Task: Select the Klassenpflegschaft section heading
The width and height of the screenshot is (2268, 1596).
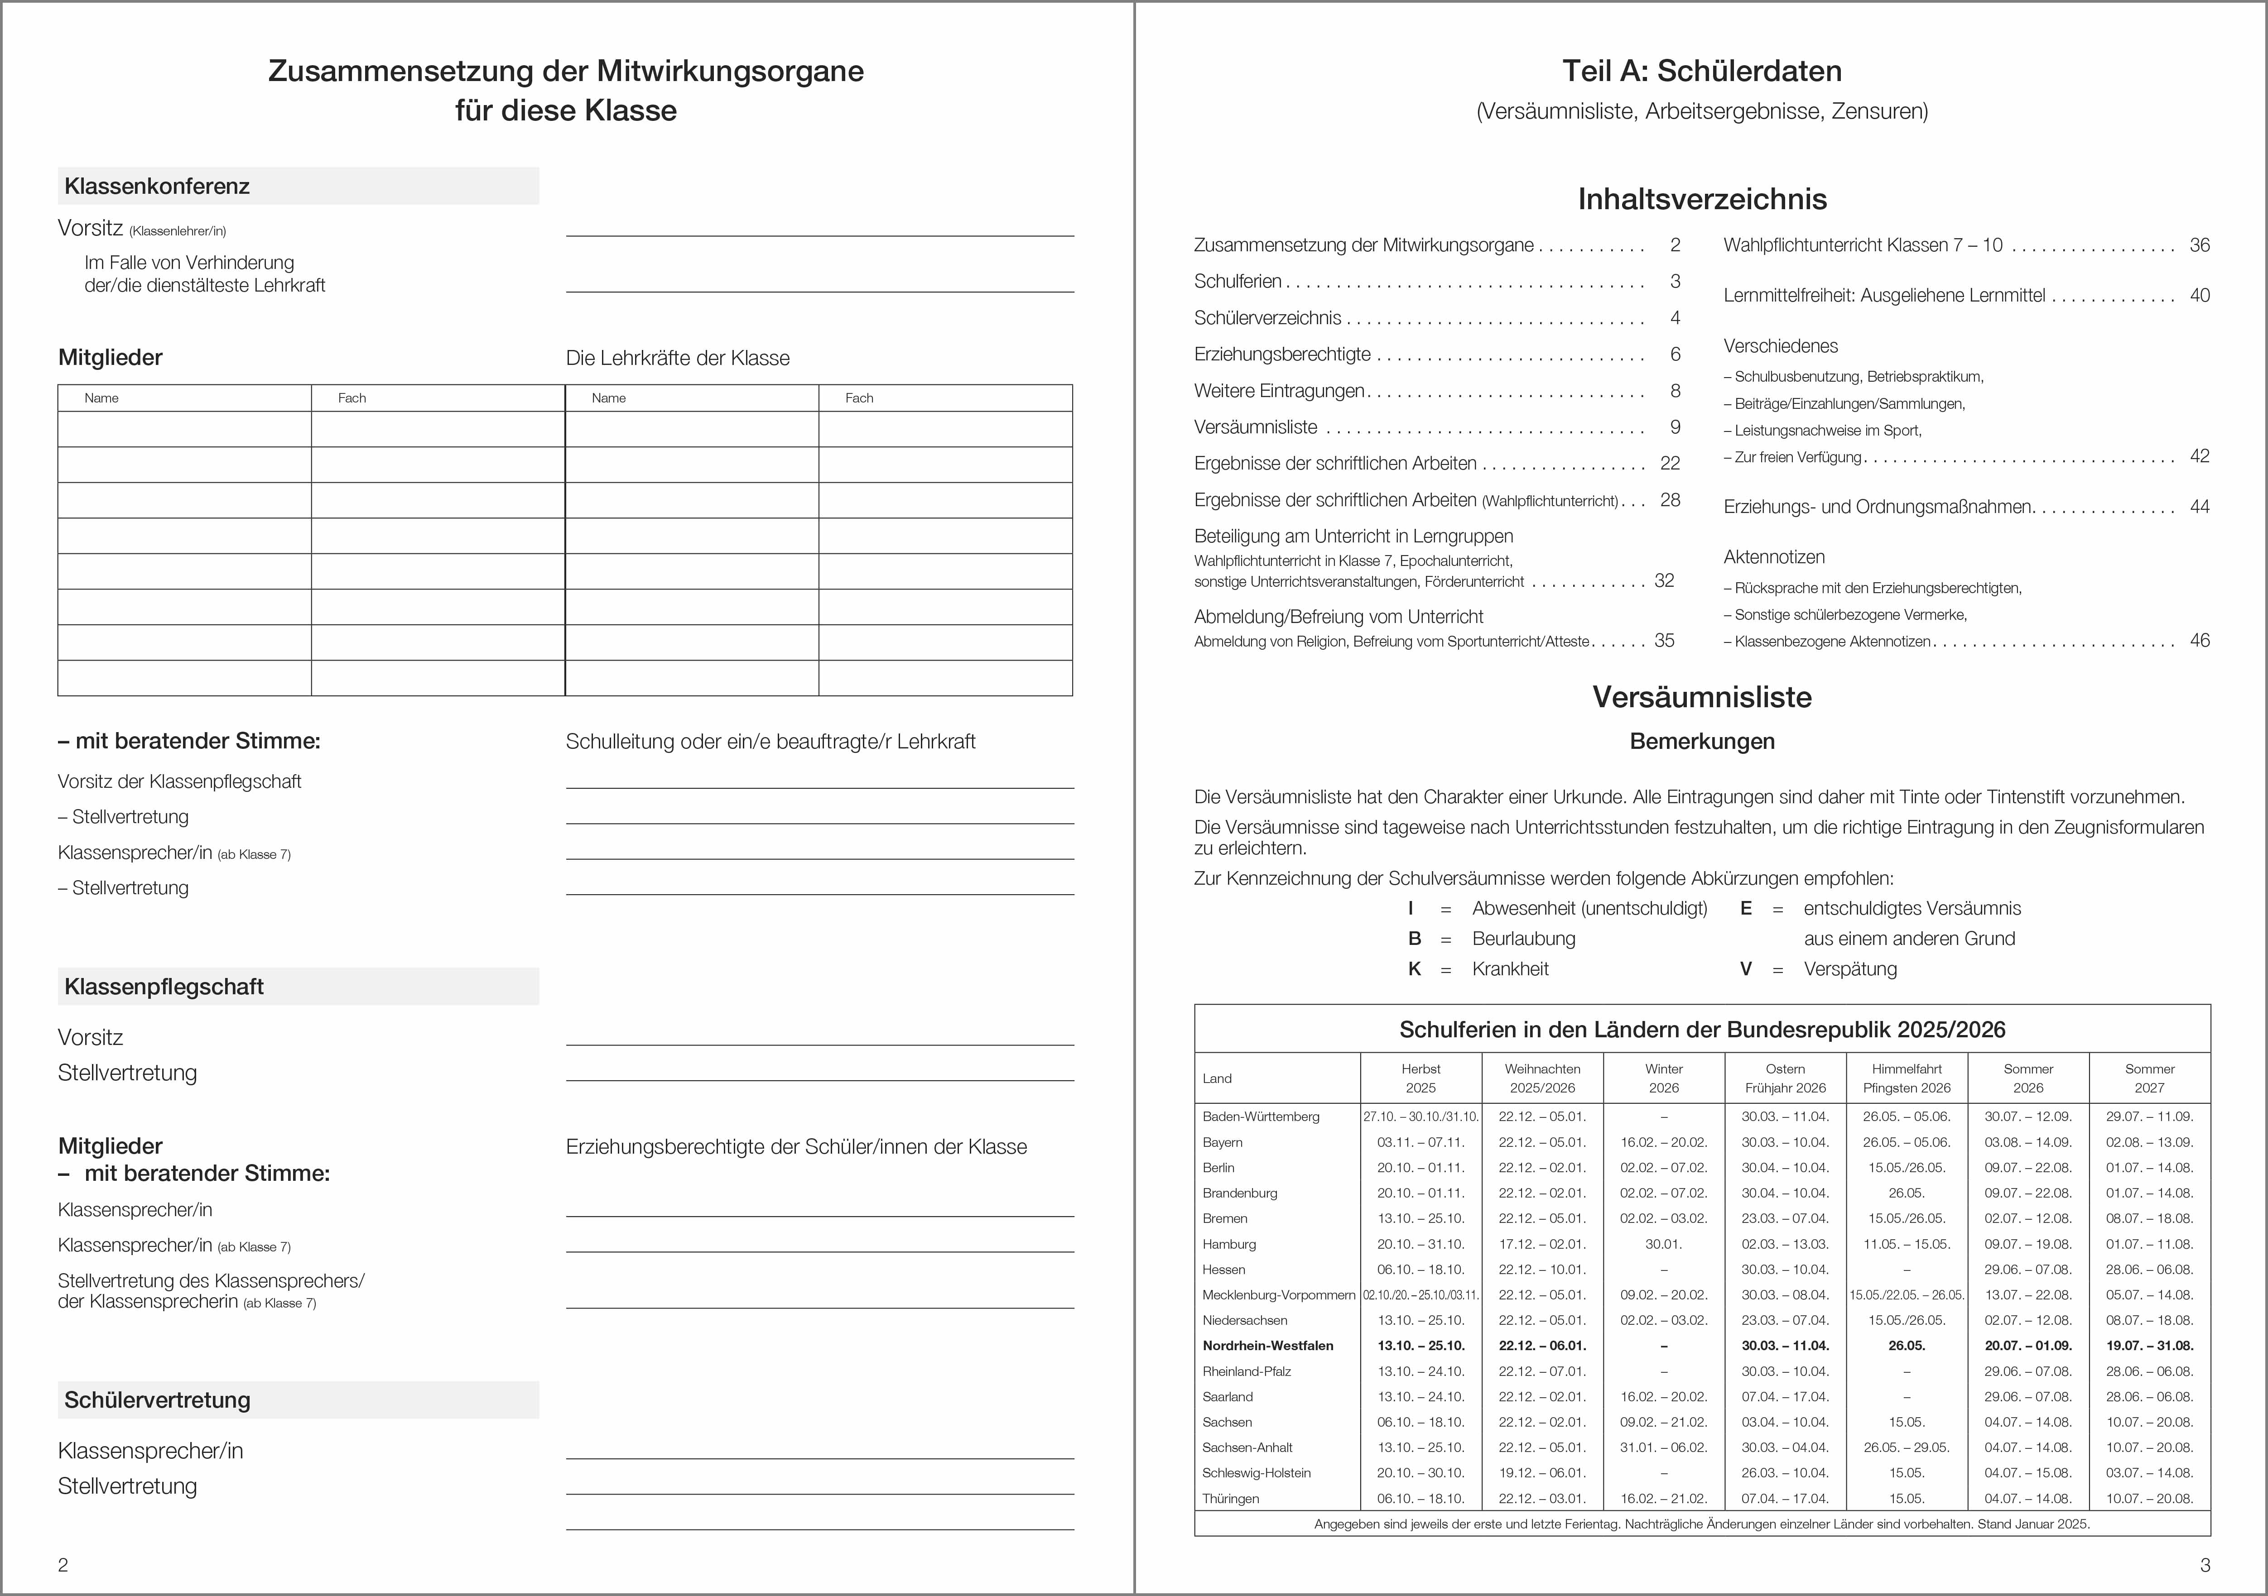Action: click(164, 987)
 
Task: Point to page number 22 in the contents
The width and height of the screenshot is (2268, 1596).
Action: click(1669, 463)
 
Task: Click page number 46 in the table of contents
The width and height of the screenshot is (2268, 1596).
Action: click(2199, 640)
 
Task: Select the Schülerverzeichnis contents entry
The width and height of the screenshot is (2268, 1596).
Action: click(1267, 318)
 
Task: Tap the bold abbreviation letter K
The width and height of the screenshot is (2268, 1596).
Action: click(1415, 969)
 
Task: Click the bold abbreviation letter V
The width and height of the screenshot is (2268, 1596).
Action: click(1745, 969)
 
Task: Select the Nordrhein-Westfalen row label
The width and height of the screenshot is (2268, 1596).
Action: click(1267, 1345)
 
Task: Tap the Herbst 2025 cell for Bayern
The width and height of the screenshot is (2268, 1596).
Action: click(1421, 1142)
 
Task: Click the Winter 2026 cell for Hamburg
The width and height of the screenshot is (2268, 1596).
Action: click(1663, 1244)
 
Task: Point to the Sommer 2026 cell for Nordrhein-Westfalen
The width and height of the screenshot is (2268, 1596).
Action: click(2028, 1345)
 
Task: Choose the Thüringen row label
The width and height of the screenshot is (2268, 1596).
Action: click(1231, 1498)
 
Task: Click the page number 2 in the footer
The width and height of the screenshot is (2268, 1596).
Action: click(63, 1564)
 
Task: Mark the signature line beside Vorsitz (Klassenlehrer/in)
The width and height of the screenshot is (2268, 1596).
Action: click(820, 233)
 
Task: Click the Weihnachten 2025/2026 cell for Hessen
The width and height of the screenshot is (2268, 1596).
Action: click(1542, 1269)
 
